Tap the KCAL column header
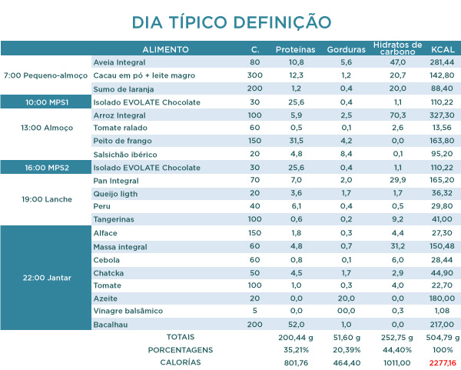[x=443, y=49]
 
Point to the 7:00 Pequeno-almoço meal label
[x=45, y=76]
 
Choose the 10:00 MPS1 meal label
[x=45, y=102]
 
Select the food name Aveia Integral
[x=118, y=62]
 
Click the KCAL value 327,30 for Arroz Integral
[x=443, y=115]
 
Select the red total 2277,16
[x=443, y=362]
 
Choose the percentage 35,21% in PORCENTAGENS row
[x=296, y=349]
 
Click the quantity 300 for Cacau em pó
[x=254, y=75]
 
